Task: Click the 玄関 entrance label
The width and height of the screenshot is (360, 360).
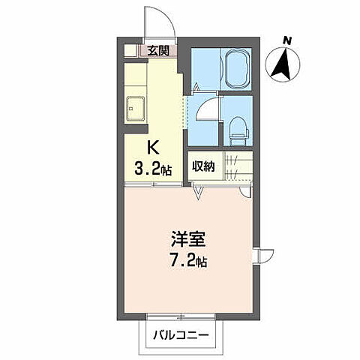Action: click(157, 51)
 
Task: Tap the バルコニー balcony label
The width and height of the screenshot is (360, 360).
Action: click(177, 334)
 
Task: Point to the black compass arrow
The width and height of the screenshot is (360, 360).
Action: click(283, 64)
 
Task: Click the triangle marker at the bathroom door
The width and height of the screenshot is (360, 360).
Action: click(195, 88)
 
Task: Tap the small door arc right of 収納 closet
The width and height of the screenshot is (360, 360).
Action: click(244, 190)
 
